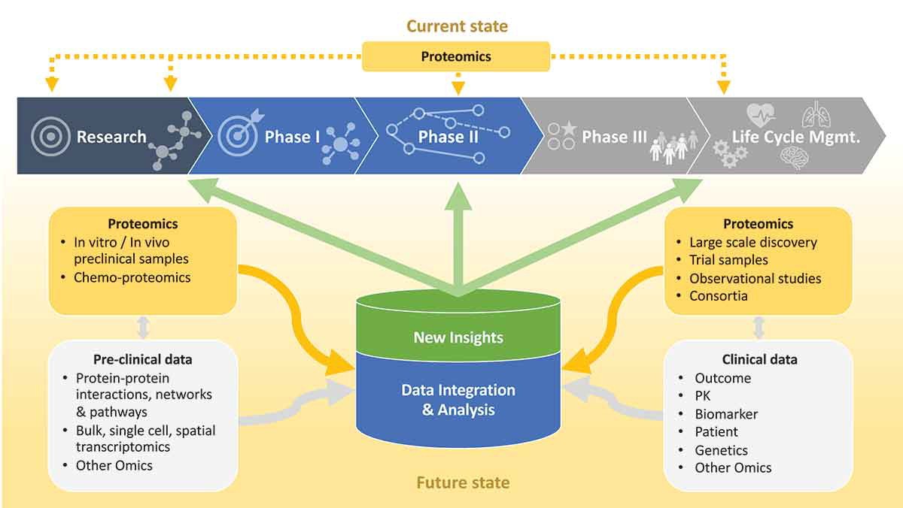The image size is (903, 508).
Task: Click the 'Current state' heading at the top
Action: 457,26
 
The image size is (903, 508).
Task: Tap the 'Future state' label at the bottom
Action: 463,482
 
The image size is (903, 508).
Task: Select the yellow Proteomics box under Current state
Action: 456,56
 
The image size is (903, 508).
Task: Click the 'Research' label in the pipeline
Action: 111,137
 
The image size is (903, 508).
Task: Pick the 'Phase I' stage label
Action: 292,137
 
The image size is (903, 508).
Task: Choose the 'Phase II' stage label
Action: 448,137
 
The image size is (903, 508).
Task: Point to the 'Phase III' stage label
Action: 614,137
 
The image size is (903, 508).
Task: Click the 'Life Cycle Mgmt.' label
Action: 797,137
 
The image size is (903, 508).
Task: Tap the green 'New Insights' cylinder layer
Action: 458,337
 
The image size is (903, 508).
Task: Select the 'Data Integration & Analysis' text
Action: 458,400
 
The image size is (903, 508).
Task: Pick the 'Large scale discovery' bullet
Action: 753,242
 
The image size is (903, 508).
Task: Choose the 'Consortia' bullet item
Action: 719,296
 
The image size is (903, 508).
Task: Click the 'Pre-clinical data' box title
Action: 143,358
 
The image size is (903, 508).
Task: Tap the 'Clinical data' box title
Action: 759,359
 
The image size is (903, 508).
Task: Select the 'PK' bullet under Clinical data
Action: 702,396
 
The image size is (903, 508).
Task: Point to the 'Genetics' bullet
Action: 721,450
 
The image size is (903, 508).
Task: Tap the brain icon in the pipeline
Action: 798,158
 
